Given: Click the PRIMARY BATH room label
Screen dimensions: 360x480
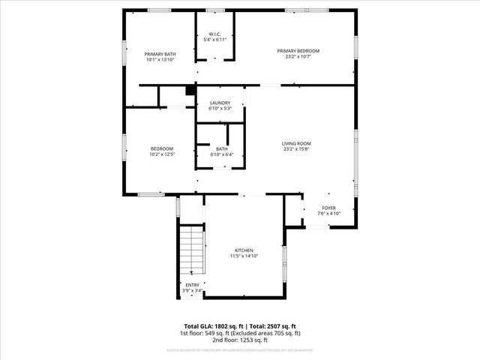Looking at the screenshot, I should [x=159, y=54].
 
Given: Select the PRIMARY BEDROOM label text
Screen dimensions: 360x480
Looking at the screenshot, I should [x=298, y=51].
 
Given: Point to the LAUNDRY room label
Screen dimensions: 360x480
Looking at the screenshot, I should [x=220, y=103].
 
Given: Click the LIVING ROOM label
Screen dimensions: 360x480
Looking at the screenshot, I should [x=296, y=143].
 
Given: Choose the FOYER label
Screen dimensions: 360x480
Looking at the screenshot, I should [x=328, y=208].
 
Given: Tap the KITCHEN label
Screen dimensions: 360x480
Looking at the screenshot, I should [x=244, y=250].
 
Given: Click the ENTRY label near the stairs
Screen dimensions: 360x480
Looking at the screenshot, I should [x=193, y=284].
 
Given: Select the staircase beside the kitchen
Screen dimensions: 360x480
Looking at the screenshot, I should [x=191, y=250].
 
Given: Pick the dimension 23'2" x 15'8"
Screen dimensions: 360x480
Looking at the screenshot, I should [x=296, y=149].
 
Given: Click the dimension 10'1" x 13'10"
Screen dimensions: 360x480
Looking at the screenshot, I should [x=159, y=60].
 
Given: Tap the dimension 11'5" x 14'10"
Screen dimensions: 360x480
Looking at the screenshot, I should [x=244, y=256].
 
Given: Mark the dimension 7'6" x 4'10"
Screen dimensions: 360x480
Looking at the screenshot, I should [x=328, y=214].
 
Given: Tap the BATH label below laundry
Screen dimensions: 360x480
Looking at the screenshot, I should [x=222, y=149].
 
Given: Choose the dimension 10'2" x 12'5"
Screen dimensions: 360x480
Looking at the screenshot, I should [x=162, y=154].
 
